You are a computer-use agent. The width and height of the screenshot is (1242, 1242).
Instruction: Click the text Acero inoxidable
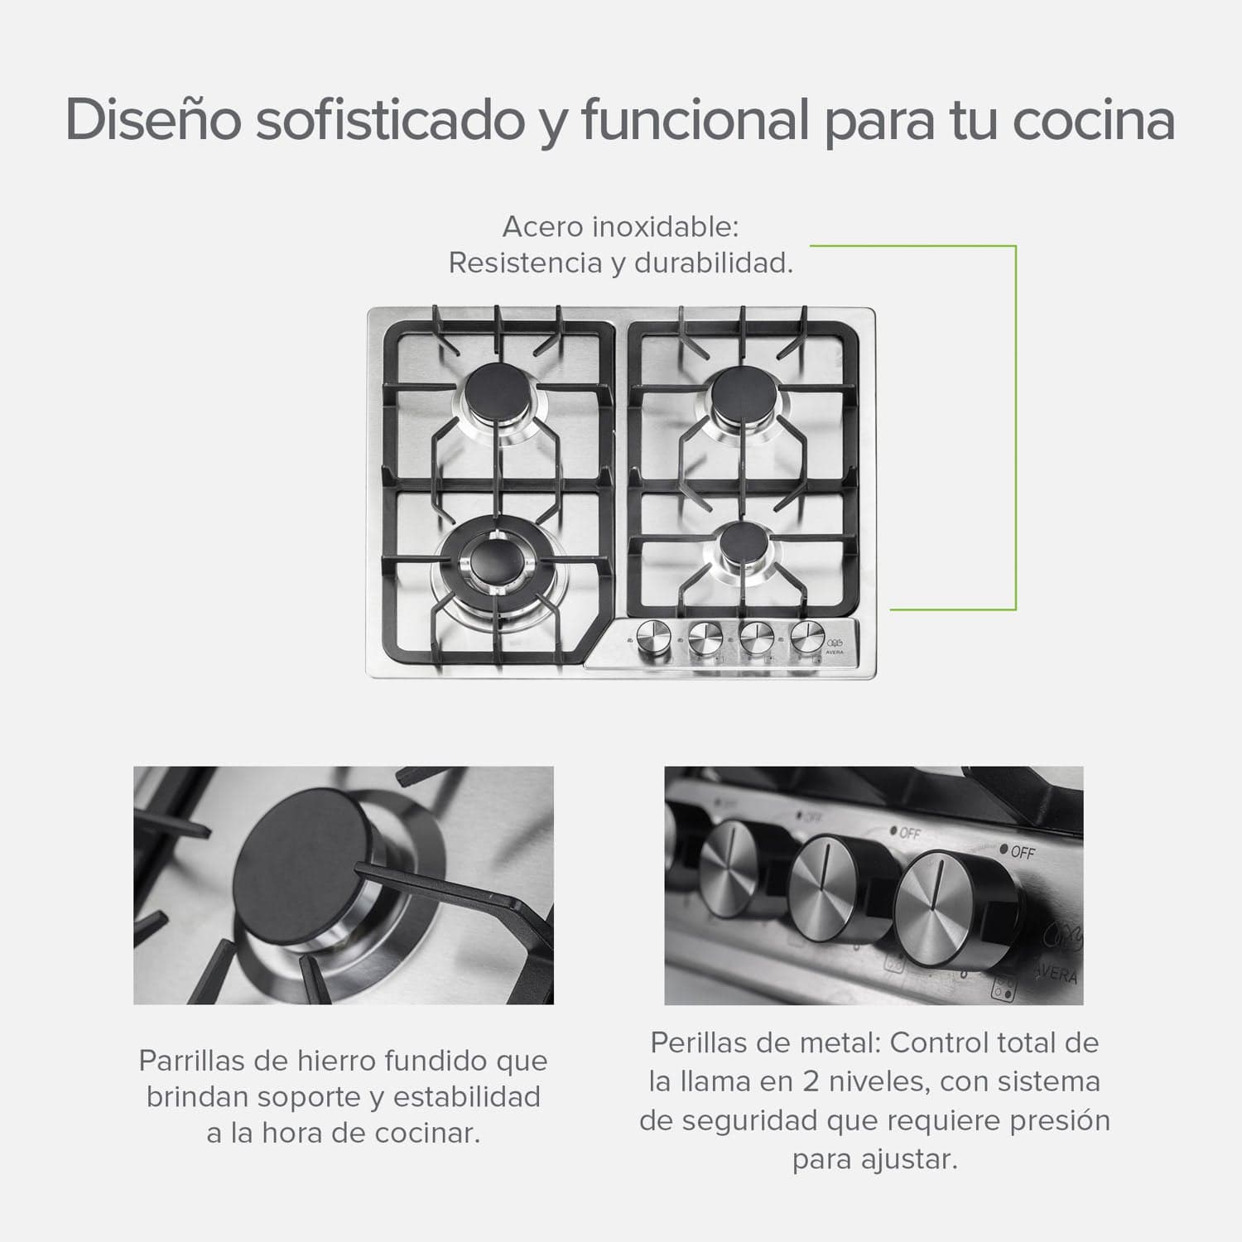tap(619, 226)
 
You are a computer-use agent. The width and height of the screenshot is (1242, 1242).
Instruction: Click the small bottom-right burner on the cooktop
tap(742, 546)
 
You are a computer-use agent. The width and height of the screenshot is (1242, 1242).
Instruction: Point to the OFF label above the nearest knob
tap(1022, 851)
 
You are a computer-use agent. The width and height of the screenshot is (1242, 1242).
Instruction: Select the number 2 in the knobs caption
tap(809, 1081)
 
